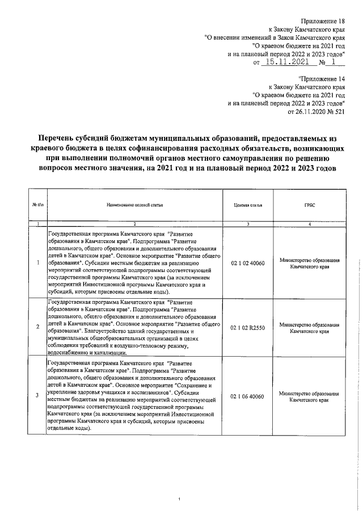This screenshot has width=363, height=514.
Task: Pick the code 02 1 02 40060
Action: pos(248,263)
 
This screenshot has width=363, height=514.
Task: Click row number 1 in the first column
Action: pos(37,263)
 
